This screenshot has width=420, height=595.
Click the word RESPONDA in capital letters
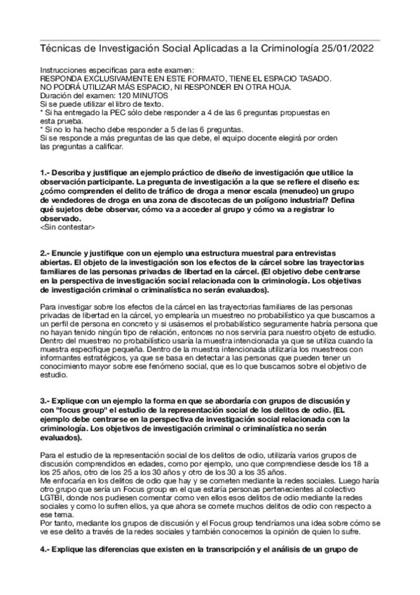67,79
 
